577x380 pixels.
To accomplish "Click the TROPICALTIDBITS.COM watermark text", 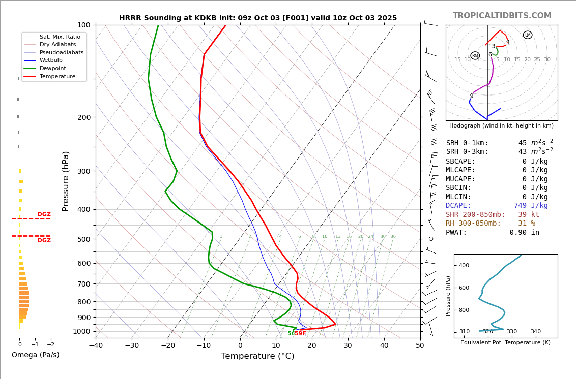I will pyautogui.click(x=502, y=16).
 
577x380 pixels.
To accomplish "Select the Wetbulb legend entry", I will pyautogui.click(x=51, y=60).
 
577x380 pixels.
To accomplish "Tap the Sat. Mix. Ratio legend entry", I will pyautogui.click(x=60, y=37).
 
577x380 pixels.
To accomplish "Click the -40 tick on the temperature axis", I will pyautogui.click(x=96, y=346).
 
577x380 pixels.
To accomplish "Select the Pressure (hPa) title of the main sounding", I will pyautogui.click(x=66, y=181).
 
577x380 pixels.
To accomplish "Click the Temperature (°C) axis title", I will pyautogui.click(x=257, y=356).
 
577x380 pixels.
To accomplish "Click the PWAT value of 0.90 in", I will pyautogui.click(x=524, y=233).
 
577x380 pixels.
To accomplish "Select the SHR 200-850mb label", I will pyautogui.click(x=475, y=215).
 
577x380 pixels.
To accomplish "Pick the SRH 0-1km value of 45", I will pyautogui.click(x=523, y=143).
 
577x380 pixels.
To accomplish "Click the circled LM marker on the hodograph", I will pyautogui.click(x=528, y=35).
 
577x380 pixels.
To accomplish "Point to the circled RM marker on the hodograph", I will pyautogui.click(x=475, y=56).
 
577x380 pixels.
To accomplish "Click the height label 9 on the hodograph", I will pyautogui.click(x=471, y=96).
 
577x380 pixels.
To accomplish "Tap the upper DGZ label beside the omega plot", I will pyautogui.click(x=44, y=214).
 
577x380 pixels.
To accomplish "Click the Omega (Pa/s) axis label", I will pyautogui.click(x=36, y=355).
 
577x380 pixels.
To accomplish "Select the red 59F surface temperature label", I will pyautogui.click(x=300, y=334).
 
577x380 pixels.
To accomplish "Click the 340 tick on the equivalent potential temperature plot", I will pyautogui.click(x=536, y=332).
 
